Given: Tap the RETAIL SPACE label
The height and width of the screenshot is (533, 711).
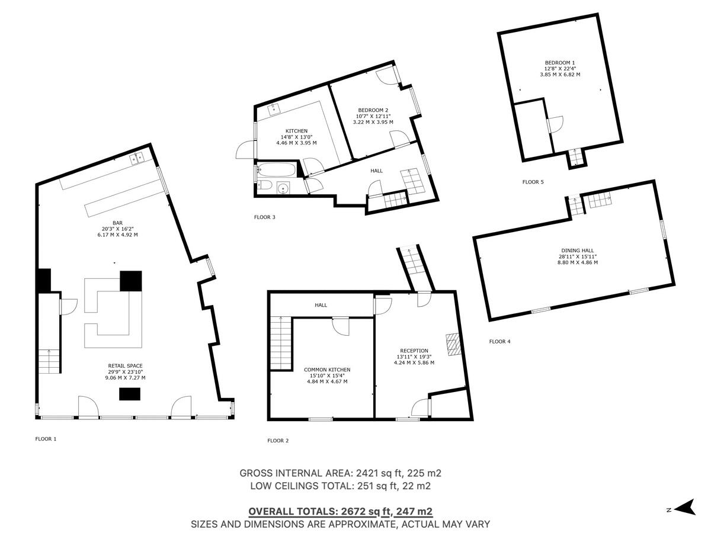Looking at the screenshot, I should click(125, 366).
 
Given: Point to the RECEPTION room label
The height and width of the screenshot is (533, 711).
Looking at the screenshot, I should click(414, 351).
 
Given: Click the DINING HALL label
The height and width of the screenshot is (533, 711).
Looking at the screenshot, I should click(578, 251).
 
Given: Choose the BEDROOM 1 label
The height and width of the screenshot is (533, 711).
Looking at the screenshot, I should click(560, 63).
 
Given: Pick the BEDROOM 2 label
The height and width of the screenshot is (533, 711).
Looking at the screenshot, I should click(373, 110).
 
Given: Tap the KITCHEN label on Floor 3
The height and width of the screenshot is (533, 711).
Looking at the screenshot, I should click(296, 131).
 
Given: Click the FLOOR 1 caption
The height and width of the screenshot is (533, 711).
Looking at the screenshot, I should click(46, 439).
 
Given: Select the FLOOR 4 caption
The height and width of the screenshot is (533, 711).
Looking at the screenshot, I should click(499, 341).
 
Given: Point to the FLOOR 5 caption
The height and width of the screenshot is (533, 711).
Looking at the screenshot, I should click(533, 182).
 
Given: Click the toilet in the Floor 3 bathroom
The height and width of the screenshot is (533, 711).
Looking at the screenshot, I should click(265, 187).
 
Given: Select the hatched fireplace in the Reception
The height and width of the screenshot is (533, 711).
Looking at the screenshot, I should click(453, 344).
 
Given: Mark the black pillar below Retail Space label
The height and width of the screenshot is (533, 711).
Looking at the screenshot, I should click(130, 394).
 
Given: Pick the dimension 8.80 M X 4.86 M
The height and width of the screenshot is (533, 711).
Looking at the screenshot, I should click(578, 262).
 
